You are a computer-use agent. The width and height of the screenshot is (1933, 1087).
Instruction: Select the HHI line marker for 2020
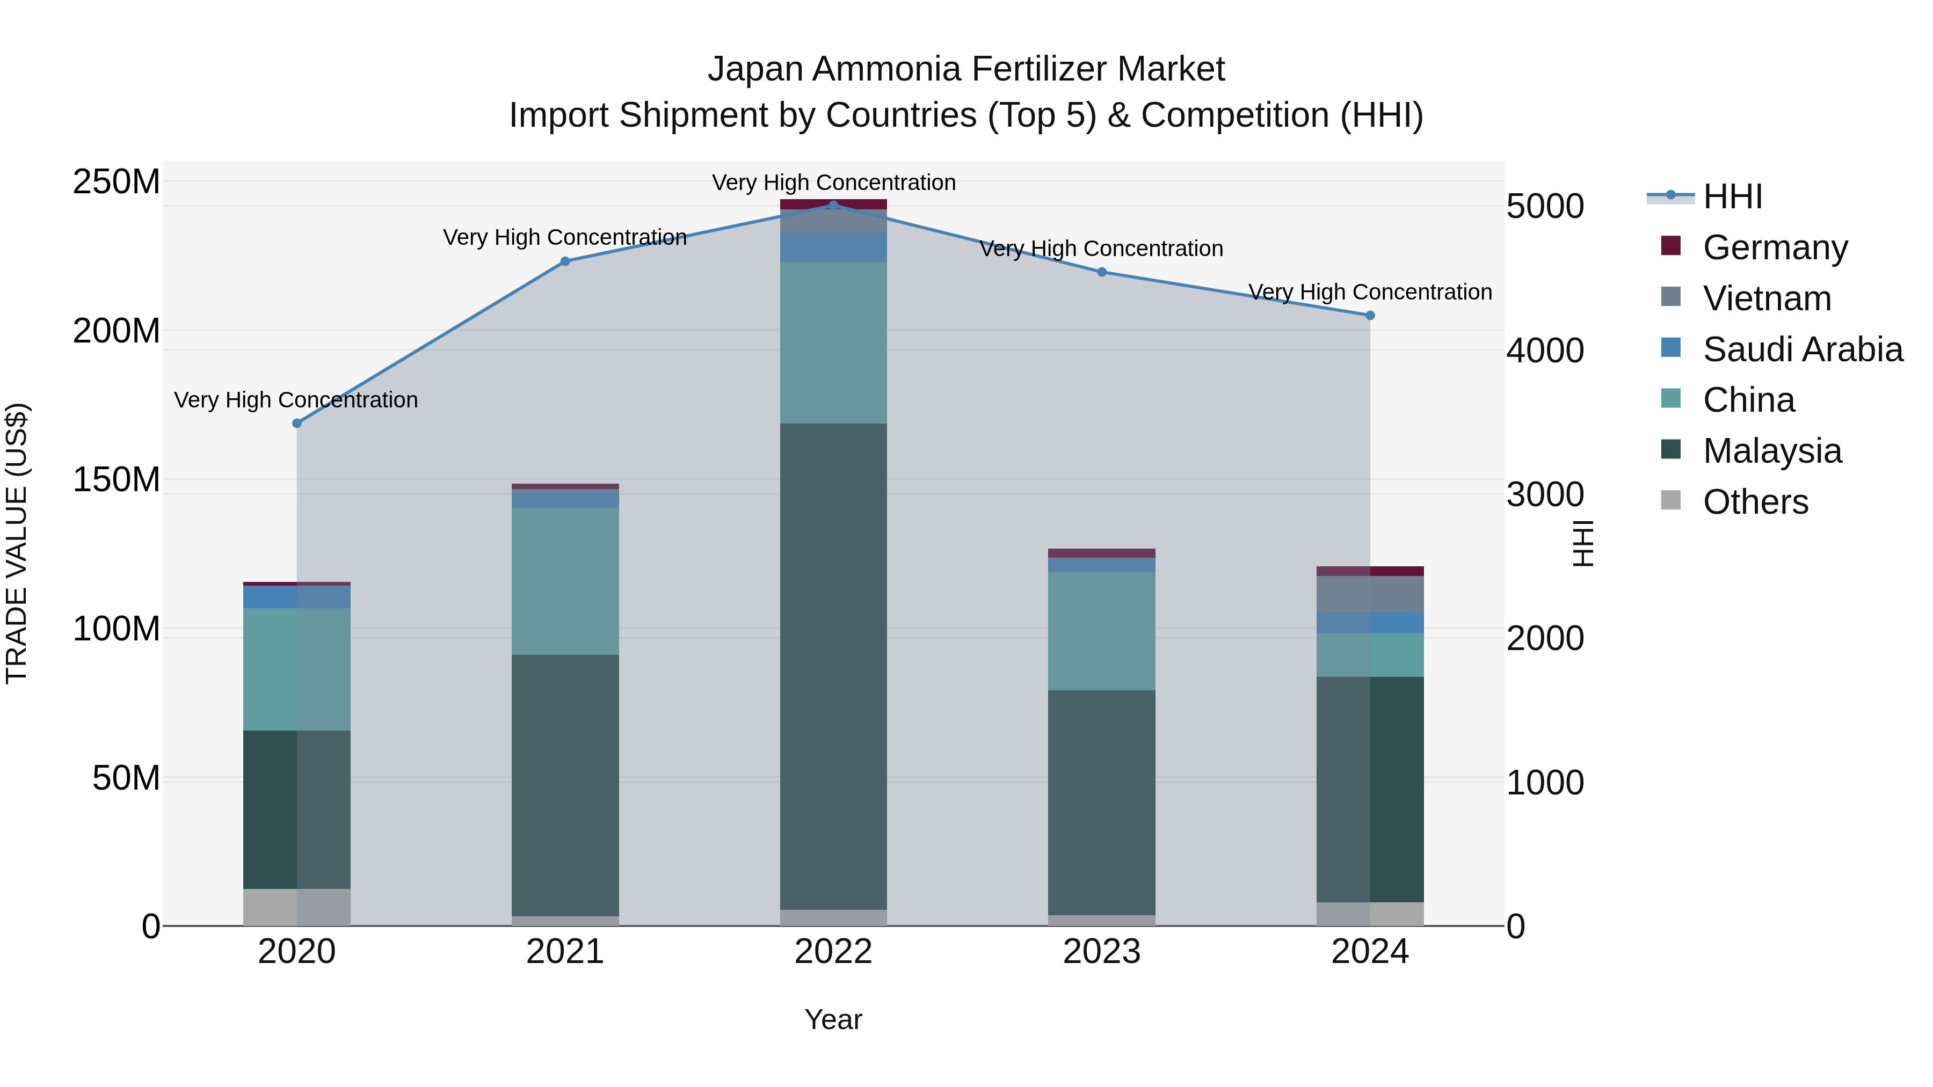(x=296, y=423)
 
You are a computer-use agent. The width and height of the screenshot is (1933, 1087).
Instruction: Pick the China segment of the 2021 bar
(x=565, y=581)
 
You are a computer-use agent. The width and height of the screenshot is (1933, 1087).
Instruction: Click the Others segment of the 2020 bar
(x=296, y=907)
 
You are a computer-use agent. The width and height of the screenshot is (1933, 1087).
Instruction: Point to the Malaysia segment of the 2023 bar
(x=1102, y=802)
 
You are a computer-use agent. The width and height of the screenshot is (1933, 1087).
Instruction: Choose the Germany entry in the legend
(x=1775, y=247)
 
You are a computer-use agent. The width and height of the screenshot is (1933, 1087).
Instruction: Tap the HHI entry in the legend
(x=1732, y=196)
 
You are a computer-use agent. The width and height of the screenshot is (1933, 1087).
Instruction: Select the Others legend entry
(x=1755, y=502)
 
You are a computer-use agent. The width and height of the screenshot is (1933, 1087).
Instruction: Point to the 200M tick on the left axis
(x=117, y=331)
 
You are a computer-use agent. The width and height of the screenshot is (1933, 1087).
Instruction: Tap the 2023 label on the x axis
(x=1102, y=952)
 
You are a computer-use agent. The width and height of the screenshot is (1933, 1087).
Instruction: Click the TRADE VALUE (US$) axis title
(x=17, y=543)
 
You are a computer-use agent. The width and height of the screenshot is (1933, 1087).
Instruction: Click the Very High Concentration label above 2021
(x=565, y=237)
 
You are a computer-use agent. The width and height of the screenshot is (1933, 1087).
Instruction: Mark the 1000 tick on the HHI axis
(x=1545, y=783)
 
